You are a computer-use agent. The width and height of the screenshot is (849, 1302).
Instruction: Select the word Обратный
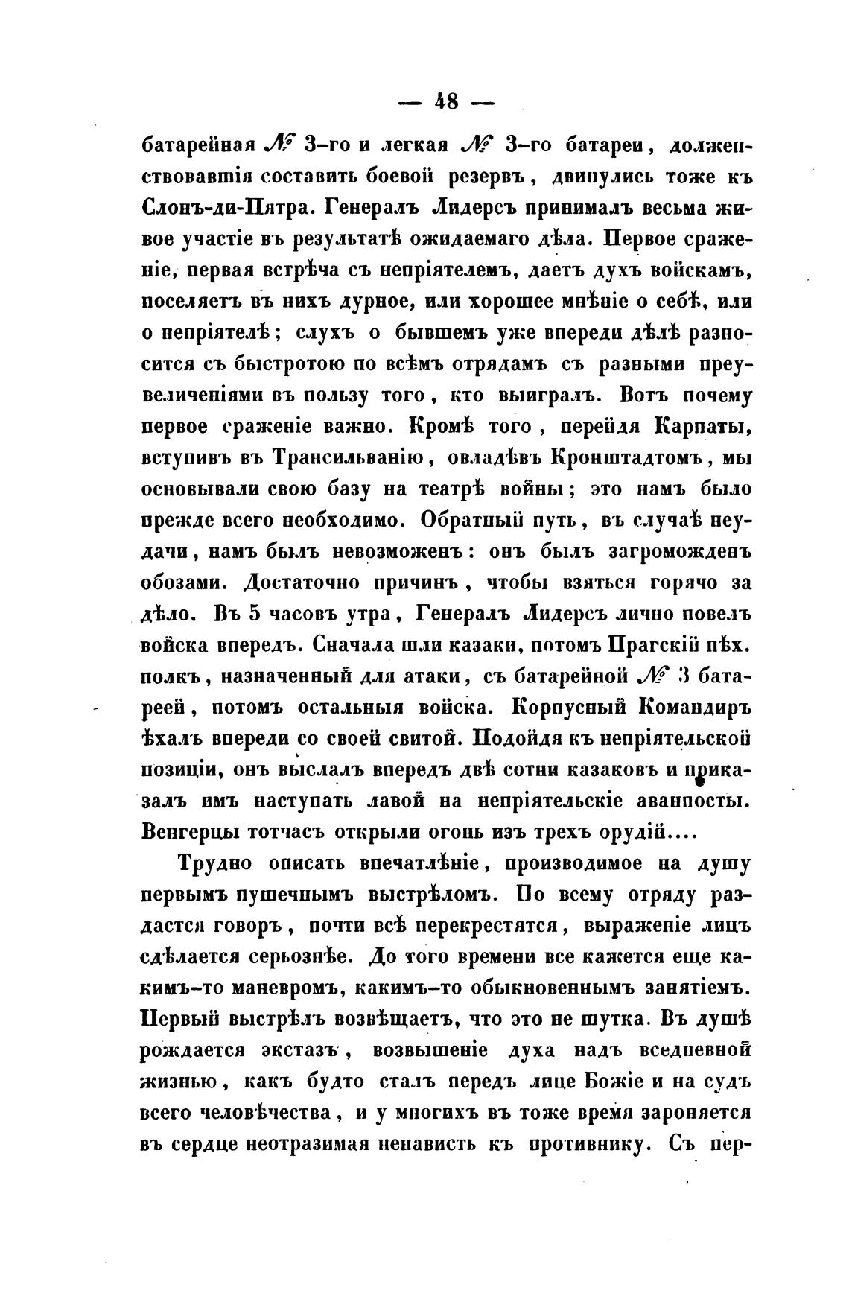pos(484,521)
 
